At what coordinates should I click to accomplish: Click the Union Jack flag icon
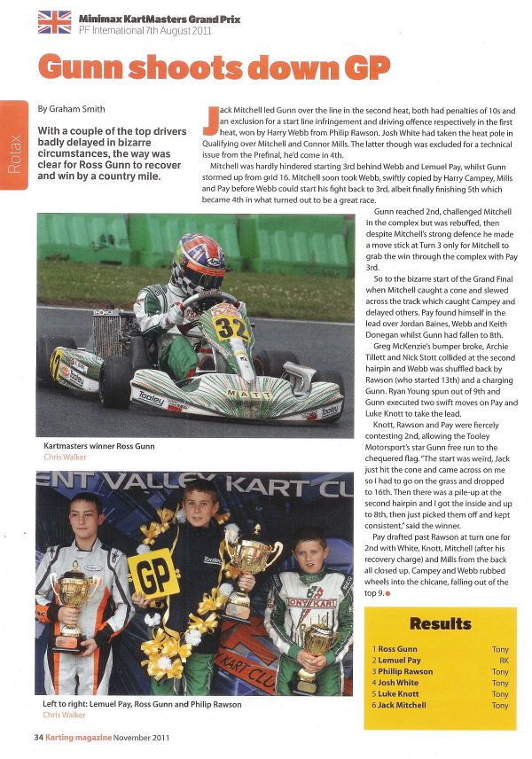54,21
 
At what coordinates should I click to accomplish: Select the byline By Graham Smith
72,109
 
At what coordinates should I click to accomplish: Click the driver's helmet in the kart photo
196,262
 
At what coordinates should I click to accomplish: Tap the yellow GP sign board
154,574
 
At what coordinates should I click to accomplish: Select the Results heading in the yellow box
440,623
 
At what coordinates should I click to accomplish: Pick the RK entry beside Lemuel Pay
501,661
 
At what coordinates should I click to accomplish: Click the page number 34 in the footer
39,737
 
